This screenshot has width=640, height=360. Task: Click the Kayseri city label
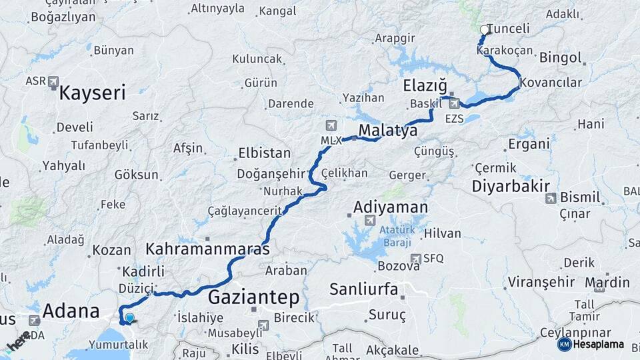tap(92, 93)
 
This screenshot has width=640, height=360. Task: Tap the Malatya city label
tap(389, 131)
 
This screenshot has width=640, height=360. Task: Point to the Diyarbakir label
tap(511, 187)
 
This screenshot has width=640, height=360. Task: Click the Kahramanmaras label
tap(207, 250)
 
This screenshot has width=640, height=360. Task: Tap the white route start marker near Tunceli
tap(484, 29)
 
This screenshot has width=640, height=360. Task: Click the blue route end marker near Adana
tap(129, 319)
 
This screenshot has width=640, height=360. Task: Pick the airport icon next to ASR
tap(53, 81)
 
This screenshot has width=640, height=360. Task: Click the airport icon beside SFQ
tap(416, 259)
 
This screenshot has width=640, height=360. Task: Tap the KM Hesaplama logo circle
tap(564, 344)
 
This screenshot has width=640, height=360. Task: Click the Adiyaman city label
tap(390, 207)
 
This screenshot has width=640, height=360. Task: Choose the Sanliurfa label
tap(364, 289)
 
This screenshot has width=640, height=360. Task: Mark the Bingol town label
tap(560, 57)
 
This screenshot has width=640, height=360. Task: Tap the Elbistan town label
tap(265, 153)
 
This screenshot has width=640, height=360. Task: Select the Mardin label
tap(607, 282)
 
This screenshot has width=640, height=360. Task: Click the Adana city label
tap(71, 311)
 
